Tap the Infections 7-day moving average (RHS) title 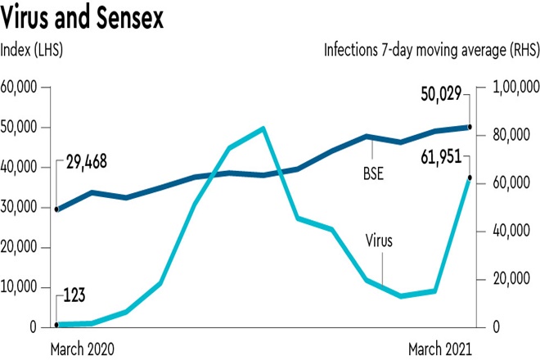pos(430,51)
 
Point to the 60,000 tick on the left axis pos(24,88)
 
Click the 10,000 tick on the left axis pos(24,287)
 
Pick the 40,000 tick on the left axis pos(24,167)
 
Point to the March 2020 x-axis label pos(82,347)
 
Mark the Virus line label pos(380,241)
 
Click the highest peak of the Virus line pos(263,128)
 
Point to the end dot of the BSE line pos(469,127)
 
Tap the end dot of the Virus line pos(469,178)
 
